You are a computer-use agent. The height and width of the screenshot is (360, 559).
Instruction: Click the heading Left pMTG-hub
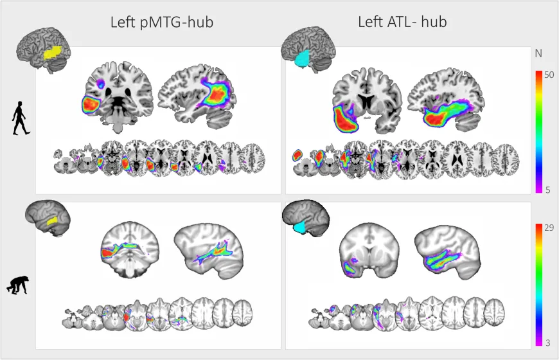pos(162,22)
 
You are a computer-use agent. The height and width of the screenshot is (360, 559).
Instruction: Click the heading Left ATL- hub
pos(402,22)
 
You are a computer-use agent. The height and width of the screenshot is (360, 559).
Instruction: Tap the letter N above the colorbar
pos(538,53)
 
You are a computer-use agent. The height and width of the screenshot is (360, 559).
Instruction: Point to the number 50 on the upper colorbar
pos(549,75)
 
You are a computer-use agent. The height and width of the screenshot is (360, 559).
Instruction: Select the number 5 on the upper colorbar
pos(548,190)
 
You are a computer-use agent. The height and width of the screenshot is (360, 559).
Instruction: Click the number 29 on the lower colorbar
pos(549,228)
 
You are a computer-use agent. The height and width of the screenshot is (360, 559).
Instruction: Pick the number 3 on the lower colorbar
pos(548,343)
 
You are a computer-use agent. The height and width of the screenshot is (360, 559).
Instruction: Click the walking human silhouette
pos(21,118)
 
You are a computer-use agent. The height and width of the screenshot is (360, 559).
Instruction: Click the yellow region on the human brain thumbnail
pos(53,53)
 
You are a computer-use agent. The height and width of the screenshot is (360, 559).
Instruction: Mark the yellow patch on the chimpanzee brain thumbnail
pos(52,221)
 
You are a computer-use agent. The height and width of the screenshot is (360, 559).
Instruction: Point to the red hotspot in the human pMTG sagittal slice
pos(216,94)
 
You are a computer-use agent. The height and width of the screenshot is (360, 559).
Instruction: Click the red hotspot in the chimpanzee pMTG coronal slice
pos(107,253)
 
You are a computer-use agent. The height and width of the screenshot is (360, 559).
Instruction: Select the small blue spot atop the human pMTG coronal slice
pos(102,84)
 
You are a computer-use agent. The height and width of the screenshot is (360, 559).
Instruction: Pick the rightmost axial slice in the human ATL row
pos(506,160)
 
